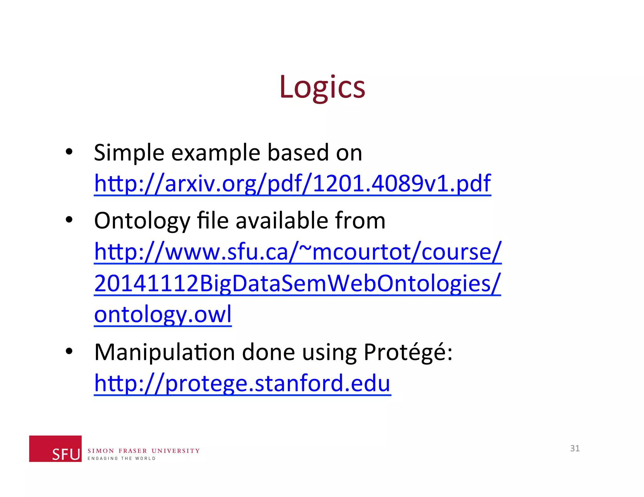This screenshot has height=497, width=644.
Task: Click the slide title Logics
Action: (x=322, y=87)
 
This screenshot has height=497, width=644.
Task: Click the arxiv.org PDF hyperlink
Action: (x=292, y=183)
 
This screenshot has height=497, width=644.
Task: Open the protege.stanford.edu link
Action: (x=242, y=383)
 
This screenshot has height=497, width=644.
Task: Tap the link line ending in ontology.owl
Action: (x=163, y=314)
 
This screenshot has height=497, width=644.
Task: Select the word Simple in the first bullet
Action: (x=129, y=153)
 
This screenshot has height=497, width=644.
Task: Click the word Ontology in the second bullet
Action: (x=142, y=221)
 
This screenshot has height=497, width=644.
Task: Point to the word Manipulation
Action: (x=164, y=352)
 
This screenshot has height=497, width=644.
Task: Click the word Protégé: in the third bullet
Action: (x=408, y=352)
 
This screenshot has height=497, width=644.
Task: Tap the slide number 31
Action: (x=575, y=448)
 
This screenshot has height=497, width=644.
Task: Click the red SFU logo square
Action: (x=55, y=449)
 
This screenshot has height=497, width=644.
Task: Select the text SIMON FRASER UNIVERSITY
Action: (x=143, y=451)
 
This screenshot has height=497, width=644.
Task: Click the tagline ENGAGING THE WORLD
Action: (x=121, y=459)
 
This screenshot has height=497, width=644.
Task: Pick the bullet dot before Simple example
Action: (x=69, y=152)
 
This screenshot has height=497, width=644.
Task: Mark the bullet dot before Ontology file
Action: (x=69, y=220)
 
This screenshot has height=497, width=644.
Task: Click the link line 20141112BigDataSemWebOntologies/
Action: (x=297, y=283)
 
